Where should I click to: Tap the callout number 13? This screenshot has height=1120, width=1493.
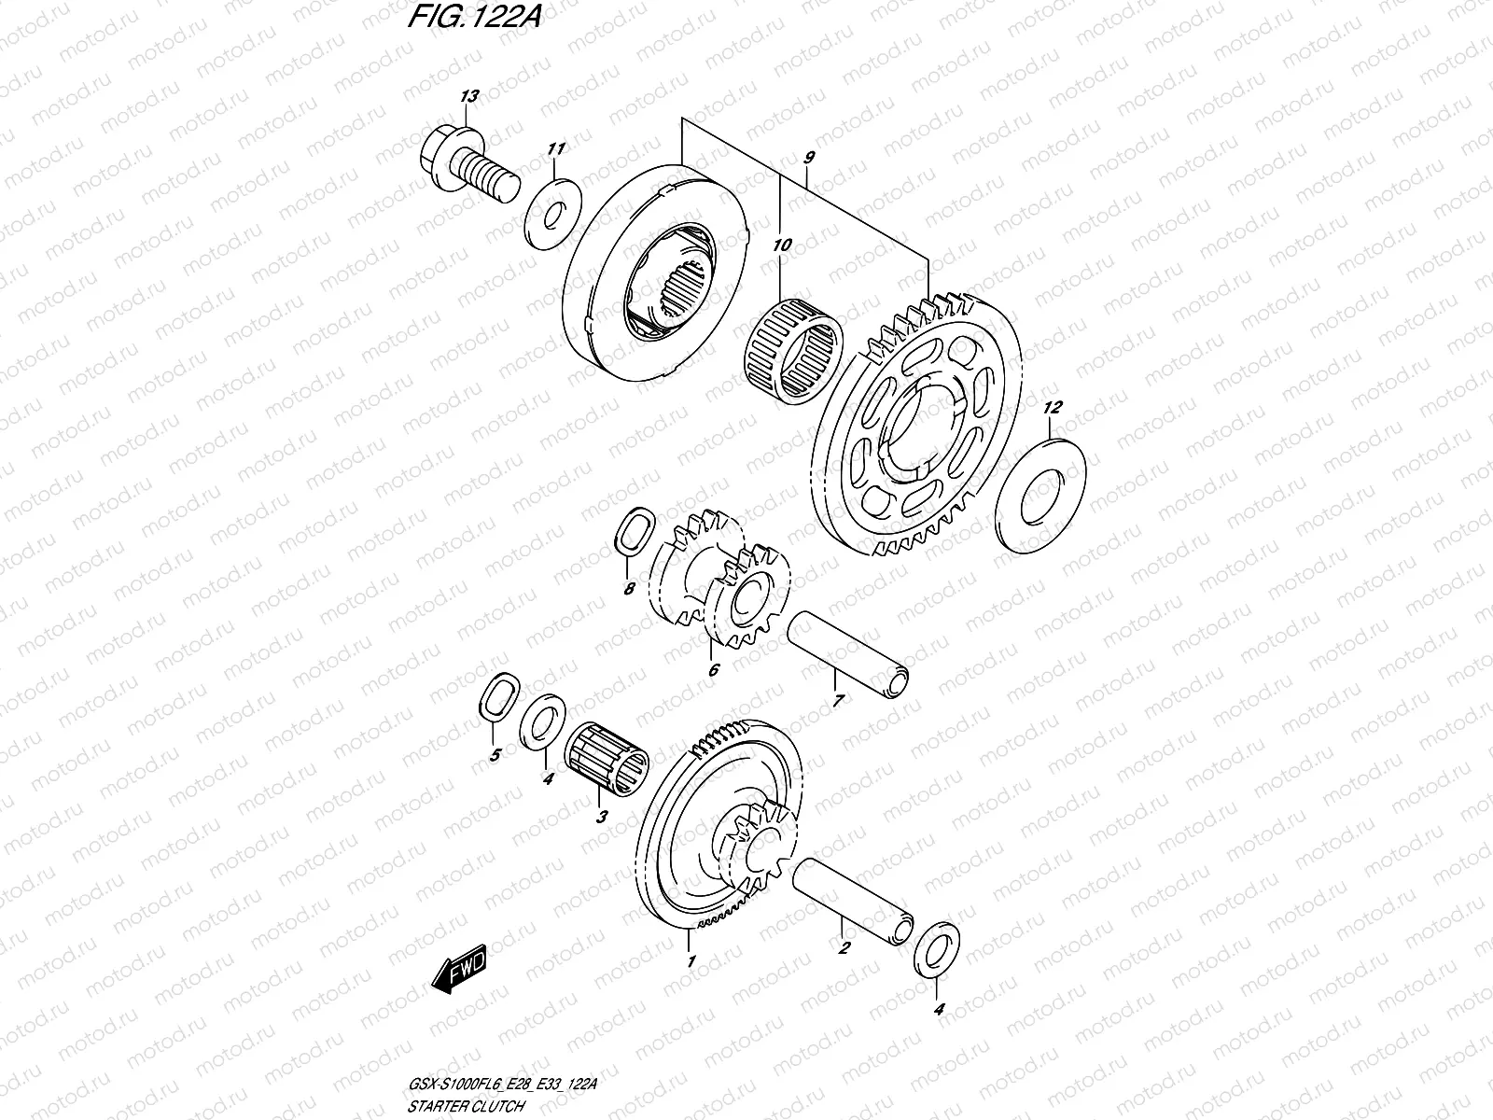coord(468,96)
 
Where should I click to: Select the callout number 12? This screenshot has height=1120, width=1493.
coord(1053,408)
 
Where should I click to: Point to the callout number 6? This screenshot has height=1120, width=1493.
coord(714,669)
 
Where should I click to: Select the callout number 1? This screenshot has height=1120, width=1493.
coord(691,960)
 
